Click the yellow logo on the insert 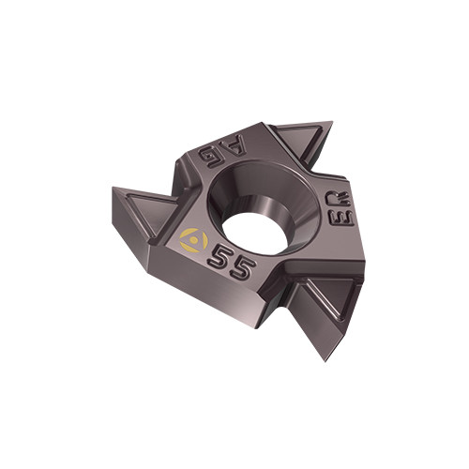click(x=194, y=240)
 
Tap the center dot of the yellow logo click(x=194, y=240)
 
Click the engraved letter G click(x=210, y=155)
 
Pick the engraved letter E click(x=341, y=217)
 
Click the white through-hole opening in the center click(x=254, y=234)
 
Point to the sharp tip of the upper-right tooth click(x=332, y=121)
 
